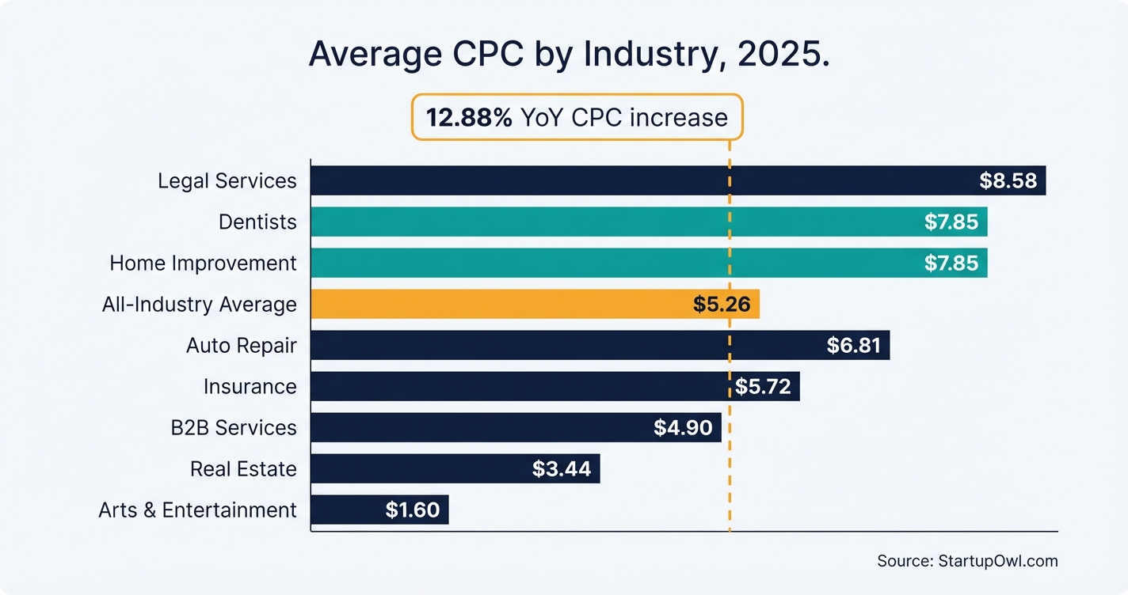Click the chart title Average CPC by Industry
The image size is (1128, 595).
569,55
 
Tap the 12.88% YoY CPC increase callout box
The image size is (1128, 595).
577,117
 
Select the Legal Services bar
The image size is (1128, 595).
634,180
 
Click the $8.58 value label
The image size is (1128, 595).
1008,180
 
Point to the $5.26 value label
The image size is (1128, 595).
721,304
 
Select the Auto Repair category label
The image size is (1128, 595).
241,345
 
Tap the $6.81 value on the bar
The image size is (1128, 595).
853,345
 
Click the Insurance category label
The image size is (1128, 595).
250,386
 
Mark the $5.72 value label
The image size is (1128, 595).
763,386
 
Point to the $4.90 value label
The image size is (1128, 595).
683,427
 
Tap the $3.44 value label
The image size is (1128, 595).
562,468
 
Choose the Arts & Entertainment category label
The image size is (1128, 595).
197,510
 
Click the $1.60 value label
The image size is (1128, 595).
412,510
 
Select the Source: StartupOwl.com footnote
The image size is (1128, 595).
967,561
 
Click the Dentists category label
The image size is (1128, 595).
257,222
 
